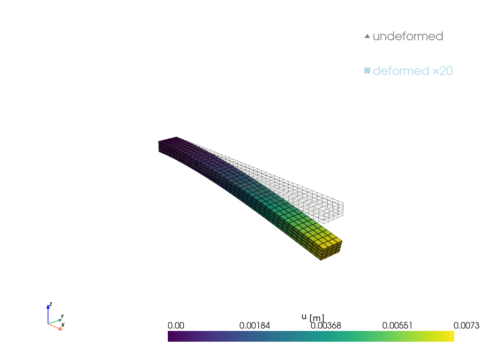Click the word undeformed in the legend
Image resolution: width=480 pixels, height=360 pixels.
408,37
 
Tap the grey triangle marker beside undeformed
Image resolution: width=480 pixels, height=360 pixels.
367,36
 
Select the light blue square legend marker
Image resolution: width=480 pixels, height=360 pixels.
367,71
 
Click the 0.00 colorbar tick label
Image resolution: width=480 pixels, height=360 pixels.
176,326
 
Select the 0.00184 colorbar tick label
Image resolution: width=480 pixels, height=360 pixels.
255,326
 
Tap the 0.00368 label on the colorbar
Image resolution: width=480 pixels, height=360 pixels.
325,326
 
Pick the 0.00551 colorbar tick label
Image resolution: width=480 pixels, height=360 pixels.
398,326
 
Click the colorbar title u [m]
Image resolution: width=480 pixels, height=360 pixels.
313,317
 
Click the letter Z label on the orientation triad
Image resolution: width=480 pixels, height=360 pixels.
51,304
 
